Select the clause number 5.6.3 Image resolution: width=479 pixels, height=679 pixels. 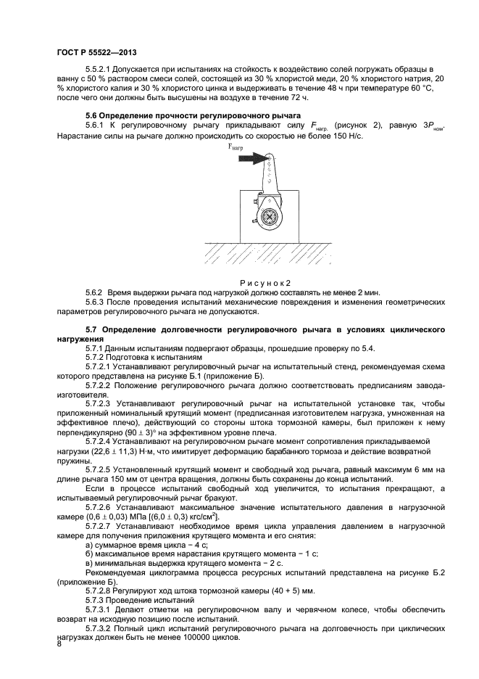click(x=96, y=301)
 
